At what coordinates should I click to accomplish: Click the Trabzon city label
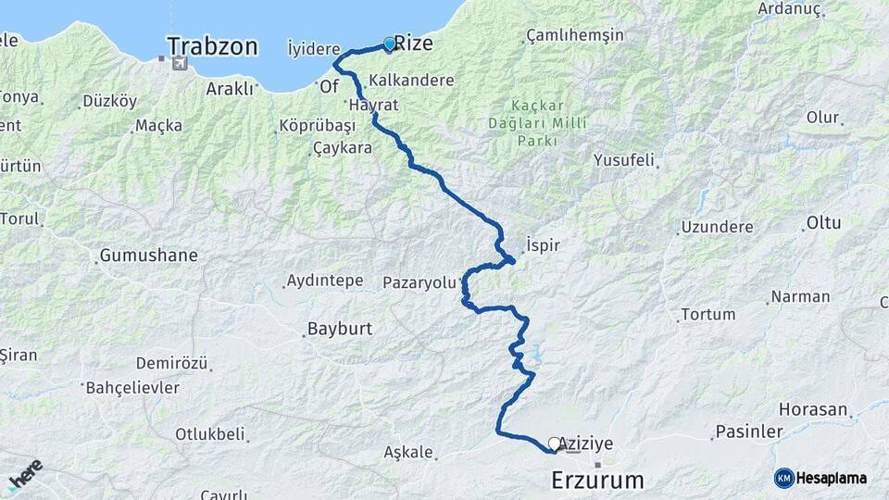tap(212, 46)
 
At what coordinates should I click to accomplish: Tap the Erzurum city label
tap(596, 481)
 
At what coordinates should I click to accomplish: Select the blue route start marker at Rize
tap(389, 43)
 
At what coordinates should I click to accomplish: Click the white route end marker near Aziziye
tap(554, 444)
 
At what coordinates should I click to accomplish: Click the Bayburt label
tap(339, 329)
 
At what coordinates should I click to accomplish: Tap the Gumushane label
tap(148, 255)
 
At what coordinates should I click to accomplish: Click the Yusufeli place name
tap(623, 158)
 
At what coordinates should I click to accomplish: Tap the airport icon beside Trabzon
tap(178, 64)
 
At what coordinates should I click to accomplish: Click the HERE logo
tap(25, 474)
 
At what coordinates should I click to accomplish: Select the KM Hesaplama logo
tap(820, 478)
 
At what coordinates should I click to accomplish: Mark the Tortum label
tap(707, 315)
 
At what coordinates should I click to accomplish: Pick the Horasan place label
tap(813, 409)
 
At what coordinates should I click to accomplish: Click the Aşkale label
tap(407, 453)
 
